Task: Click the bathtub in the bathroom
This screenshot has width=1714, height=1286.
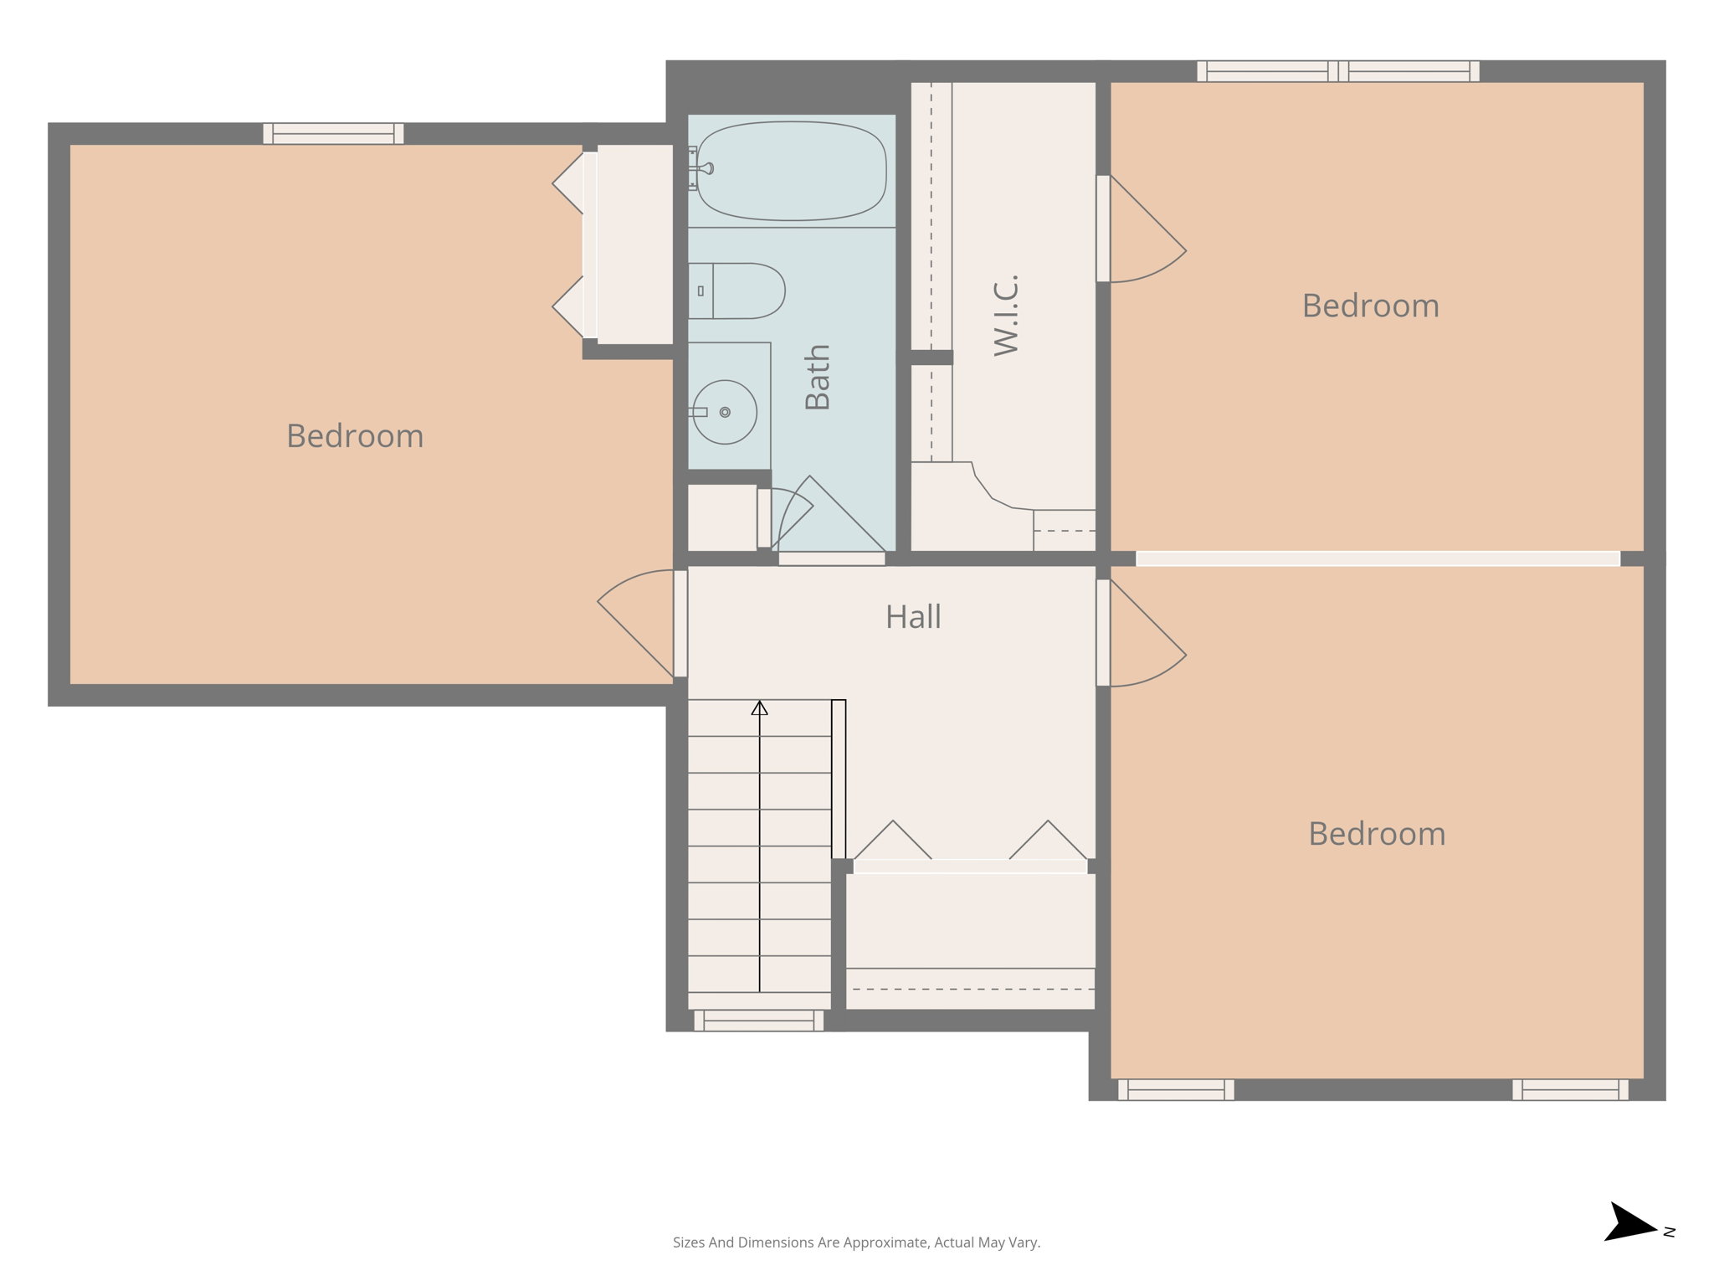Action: [x=792, y=172]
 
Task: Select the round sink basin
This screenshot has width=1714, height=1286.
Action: [x=725, y=412]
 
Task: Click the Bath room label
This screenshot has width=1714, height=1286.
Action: [x=817, y=377]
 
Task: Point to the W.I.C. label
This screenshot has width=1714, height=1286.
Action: [x=1006, y=315]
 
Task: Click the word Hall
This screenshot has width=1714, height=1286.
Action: [x=913, y=617]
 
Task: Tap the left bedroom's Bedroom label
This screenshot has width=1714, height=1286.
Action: [x=355, y=436]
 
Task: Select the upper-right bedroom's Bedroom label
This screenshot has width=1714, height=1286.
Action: [x=1370, y=306]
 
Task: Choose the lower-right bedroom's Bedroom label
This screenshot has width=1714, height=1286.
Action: [x=1377, y=834]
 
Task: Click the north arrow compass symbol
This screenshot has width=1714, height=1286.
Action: [x=1629, y=1223]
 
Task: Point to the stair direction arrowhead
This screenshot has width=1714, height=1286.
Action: [x=759, y=708]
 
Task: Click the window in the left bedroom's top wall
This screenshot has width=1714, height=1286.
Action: [x=333, y=134]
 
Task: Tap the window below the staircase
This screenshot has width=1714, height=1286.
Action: [x=758, y=1020]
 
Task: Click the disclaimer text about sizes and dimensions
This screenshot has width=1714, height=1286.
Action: [x=856, y=1242]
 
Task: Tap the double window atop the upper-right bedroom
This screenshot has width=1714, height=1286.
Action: [x=1337, y=71]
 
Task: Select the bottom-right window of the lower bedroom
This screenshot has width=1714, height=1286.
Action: [x=1569, y=1089]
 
